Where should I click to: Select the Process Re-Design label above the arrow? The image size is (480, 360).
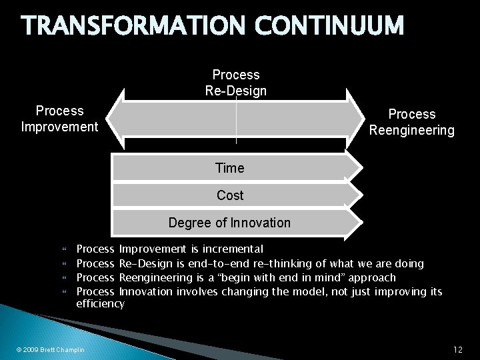coord(235,83)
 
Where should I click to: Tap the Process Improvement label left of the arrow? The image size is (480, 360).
coord(59,118)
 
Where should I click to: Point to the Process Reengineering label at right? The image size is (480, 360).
coord(411,123)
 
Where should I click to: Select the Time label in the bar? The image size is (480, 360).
coord(229,169)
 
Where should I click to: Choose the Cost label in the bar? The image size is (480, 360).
coord(229,196)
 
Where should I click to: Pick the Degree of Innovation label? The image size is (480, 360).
coord(229,223)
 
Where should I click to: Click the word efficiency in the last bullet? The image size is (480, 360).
coord(101,304)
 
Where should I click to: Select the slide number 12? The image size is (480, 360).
coord(457,349)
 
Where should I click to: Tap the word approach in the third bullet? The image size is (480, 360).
coord(373,277)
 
